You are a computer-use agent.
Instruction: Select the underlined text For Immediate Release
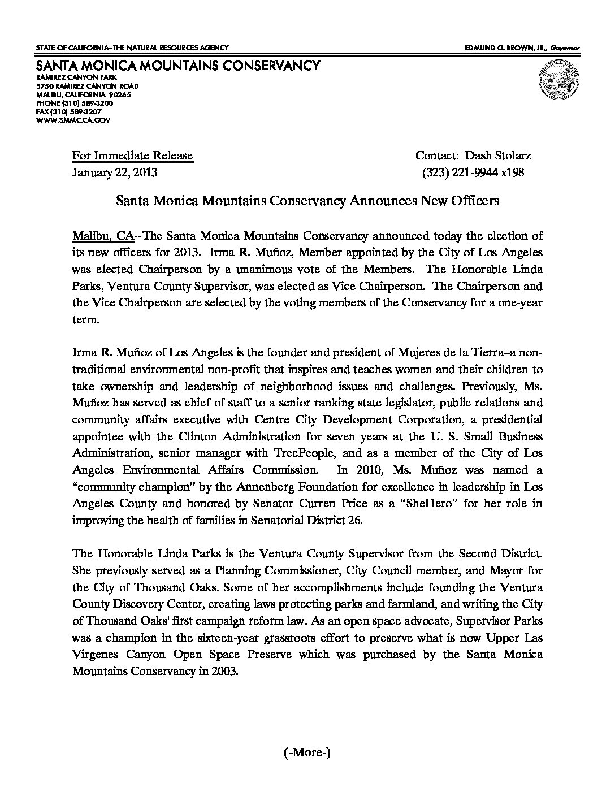pyautogui.click(x=132, y=156)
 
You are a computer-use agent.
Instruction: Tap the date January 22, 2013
pyautogui.click(x=114, y=172)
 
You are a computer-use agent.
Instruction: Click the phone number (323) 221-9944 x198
pyautogui.click(x=473, y=172)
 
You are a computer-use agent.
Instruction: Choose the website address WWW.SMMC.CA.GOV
pyautogui.click(x=73, y=120)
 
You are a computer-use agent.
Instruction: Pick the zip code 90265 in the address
pyautogui.click(x=120, y=94)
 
